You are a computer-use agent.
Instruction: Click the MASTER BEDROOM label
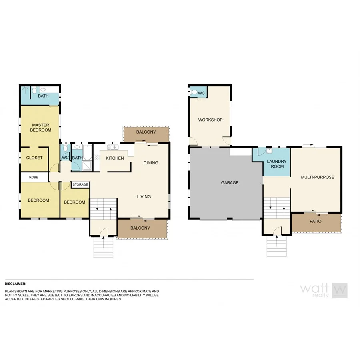tap(42, 128)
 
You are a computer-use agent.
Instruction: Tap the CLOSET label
tap(34, 158)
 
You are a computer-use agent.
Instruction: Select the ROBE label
tap(34, 177)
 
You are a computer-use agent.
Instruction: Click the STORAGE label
tap(80, 184)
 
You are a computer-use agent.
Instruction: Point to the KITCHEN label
tap(115, 158)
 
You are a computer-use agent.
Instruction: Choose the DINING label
tap(151, 163)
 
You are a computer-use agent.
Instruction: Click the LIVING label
tap(144, 196)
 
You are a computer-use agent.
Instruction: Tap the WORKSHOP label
tap(210, 120)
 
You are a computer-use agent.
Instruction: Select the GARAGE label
tap(230, 182)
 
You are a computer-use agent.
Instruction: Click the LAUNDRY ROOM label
tap(277, 164)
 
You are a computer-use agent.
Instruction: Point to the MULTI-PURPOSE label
tap(317, 177)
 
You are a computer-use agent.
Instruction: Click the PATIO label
tap(315, 221)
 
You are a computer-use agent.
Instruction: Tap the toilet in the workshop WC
tap(194, 93)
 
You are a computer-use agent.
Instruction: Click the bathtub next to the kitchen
tap(88, 156)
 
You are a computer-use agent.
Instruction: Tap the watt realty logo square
tap(340, 290)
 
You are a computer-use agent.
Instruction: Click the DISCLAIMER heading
tap(15, 283)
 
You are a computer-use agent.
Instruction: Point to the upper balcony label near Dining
tap(146, 132)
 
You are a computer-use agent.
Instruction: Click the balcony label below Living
tap(140, 228)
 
